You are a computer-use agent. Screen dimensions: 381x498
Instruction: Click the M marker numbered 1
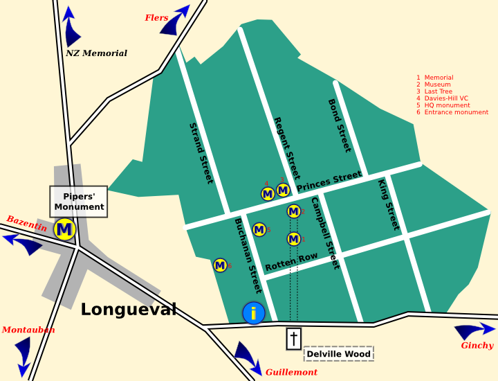point(293,239)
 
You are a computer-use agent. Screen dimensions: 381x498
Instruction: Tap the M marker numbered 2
point(293,211)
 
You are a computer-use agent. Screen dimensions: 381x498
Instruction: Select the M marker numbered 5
point(259,229)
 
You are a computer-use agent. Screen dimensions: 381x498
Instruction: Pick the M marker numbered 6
point(220,265)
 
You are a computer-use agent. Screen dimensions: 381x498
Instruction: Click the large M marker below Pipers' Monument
point(64,229)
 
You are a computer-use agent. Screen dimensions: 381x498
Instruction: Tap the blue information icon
point(254,313)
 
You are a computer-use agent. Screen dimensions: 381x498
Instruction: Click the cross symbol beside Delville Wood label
point(294,339)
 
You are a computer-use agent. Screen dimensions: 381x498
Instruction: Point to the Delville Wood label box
point(339,354)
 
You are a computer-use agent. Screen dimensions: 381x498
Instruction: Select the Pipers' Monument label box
point(79,202)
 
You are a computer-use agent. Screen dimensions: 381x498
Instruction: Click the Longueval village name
point(129,309)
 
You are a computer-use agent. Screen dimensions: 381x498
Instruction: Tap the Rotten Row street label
point(291,262)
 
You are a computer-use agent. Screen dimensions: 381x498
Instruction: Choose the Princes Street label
point(329,181)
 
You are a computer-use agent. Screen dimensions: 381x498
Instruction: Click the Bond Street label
point(340,125)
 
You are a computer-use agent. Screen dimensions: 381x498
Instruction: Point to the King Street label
point(389,205)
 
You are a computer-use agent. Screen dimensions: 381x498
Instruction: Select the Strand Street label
point(201,153)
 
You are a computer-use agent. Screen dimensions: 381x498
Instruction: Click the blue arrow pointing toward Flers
point(178,19)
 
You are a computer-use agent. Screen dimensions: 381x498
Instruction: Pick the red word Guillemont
point(291,373)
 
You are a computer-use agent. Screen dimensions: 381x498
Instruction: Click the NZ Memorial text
point(96,53)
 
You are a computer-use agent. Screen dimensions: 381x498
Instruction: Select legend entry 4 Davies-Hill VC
point(446,98)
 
